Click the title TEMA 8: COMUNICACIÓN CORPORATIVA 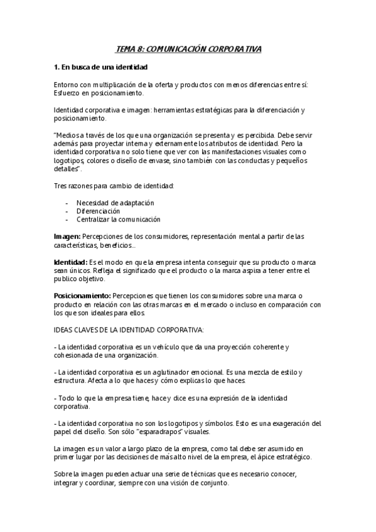point(189,48)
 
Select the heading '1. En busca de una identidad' point(100,66)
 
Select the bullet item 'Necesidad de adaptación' point(115,203)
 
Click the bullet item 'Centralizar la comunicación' point(118,220)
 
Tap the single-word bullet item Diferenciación point(98,211)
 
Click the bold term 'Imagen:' point(67,237)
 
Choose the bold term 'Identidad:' point(70,262)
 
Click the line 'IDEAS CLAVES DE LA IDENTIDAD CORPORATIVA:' point(134,329)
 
